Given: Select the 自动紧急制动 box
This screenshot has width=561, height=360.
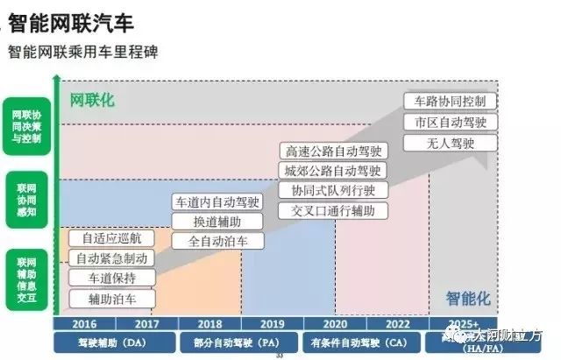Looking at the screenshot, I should (x=111, y=259).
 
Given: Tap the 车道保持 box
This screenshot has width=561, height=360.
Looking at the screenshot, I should (x=111, y=279).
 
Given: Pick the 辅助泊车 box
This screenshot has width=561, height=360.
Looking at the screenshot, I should (x=111, y=299).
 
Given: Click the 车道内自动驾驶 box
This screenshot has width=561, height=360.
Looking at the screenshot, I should (x=217, y=201).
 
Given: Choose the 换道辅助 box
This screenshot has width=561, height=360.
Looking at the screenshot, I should (x=217, y=221).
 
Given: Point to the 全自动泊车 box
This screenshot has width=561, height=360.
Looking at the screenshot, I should (x=217, y=240).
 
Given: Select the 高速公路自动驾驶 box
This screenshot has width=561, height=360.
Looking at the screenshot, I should (x=332, y=151).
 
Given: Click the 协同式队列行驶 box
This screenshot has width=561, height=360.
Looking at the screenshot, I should (x=332, y=190).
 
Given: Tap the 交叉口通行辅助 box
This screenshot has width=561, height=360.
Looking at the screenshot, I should (x=332, y=210).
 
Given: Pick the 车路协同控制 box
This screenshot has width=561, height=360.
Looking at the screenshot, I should (x=451, y=101).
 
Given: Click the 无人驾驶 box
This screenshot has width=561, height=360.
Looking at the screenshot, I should (x=451, y=142).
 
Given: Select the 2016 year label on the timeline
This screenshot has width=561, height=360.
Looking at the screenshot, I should (x=85, y=323).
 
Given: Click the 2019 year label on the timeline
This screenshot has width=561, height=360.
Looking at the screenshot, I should (x=273, y=323).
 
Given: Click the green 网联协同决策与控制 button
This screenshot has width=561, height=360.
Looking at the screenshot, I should (x=26, y=126).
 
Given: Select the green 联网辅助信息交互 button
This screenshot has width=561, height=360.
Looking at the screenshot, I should (x=26, y=274).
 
